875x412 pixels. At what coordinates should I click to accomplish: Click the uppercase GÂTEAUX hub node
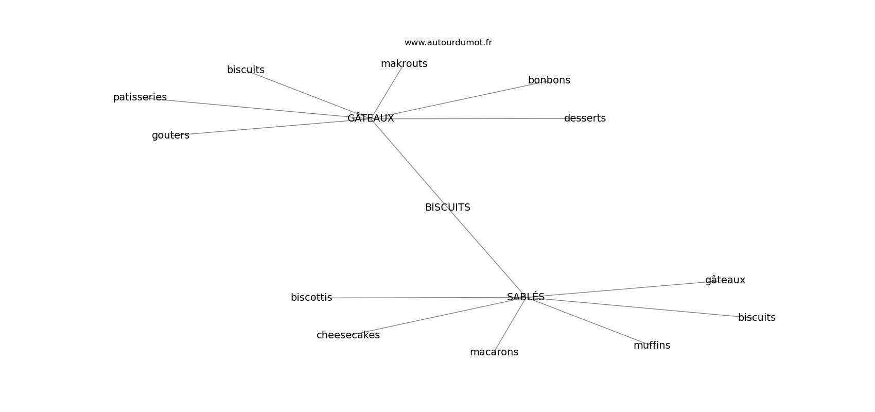click(x=371, y=118)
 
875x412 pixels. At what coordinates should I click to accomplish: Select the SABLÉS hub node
click(x=526, y=297)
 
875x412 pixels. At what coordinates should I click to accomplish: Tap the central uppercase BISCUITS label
click(x=447, y=208)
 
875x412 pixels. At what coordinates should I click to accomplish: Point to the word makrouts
click(x=404, y=64)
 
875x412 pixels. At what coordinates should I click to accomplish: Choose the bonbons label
click(x=549, y=80)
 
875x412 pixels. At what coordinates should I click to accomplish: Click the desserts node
click(x=585, y=118)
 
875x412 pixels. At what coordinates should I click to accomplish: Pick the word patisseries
click(x=140, y=97)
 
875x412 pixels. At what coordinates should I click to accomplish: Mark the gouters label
click(x=170, y=135)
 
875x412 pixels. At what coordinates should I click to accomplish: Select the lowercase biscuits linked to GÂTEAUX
click(x=246, y=70)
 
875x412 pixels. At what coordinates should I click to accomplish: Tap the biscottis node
click(x=311, y=298)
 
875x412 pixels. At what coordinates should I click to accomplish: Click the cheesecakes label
click(x=348, y=335)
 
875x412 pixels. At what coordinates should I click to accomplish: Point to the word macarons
click(x=494, y=352)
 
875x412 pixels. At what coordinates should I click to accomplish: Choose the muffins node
click(x=652, y=346)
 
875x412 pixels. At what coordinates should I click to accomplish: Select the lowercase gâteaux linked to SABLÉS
click(x=725, y=280)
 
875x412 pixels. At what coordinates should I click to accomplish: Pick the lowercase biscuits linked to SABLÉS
click(x=756, y=318)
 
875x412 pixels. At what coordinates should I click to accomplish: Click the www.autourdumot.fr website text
click(x=448, y=43)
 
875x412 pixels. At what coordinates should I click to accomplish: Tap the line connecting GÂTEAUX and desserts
click(x=479, y=118)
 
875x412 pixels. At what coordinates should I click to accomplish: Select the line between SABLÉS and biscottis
click(x=419, y=297)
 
